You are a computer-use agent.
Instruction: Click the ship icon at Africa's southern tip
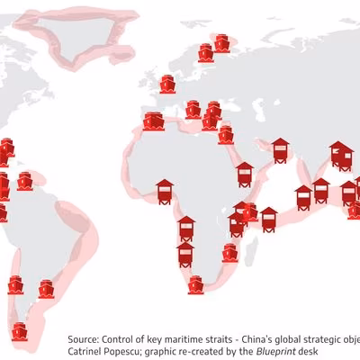tap(196, 284)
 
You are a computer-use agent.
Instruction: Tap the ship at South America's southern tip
tap(19, 332)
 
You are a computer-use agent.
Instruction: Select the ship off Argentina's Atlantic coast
tap(46, 290)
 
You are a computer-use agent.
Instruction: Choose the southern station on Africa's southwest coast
tap(184, 255)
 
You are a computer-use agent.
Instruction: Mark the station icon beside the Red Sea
tap(245, 172)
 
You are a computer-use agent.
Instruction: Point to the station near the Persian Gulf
tap(280, 149)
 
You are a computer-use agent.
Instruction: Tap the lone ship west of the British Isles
tap(168, 84)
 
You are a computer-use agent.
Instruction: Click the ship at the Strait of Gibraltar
tap(153, 122)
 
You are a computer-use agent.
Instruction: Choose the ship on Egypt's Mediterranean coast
tap(224, 134)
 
